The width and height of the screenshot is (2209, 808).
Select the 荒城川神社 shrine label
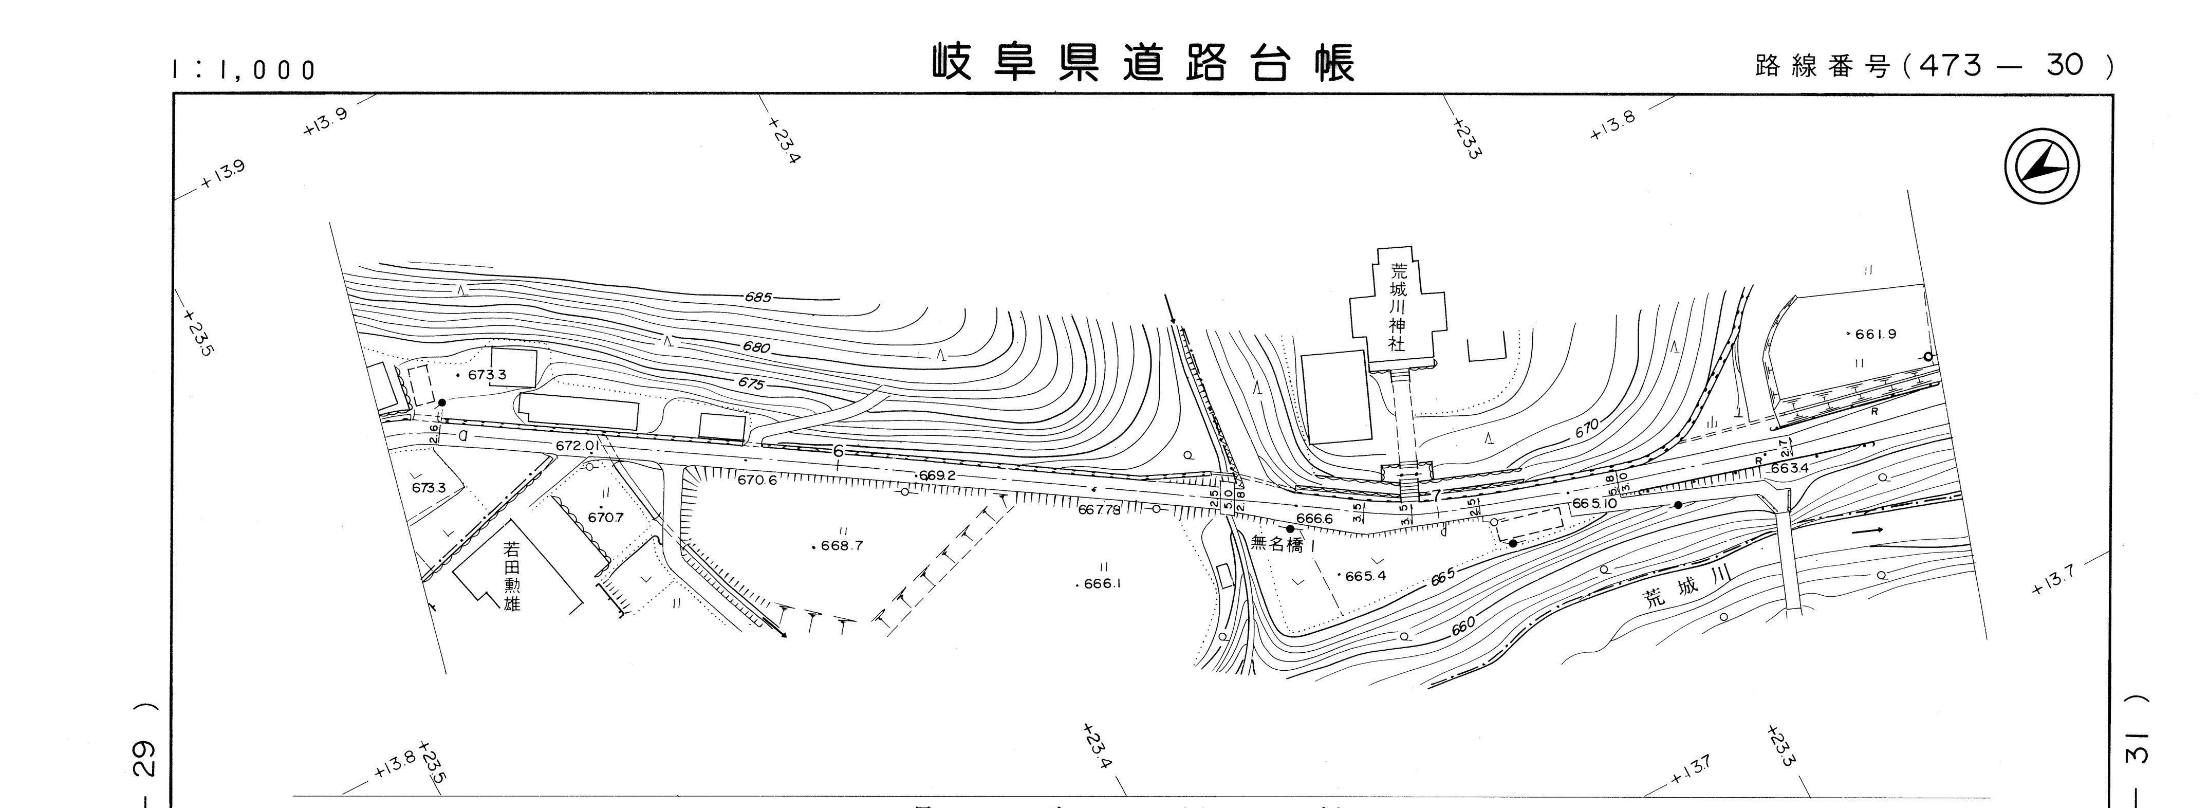tap(1398, 307)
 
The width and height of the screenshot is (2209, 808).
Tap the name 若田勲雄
tap(512, 581)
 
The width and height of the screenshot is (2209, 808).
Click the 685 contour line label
tap(758, 298)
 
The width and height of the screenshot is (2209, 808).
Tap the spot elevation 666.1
tap(1102, 583)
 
